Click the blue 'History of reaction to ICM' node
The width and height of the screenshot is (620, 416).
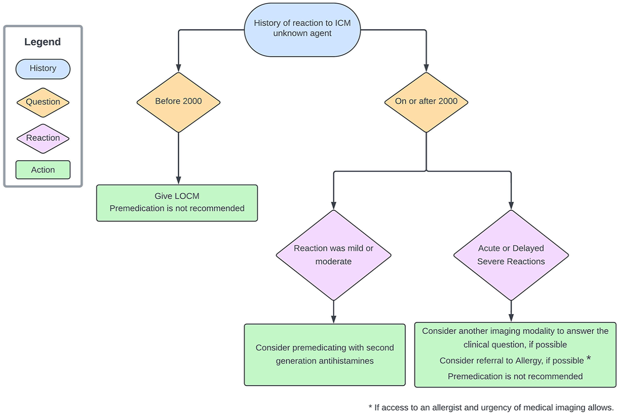(302, 30)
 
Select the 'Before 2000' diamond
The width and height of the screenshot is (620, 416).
(179, 102)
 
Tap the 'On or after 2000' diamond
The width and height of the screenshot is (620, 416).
(426, 102)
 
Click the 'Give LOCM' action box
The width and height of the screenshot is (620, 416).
(177, 203)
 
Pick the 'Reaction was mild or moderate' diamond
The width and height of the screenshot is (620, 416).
(333, 255)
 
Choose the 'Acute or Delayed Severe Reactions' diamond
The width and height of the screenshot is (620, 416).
(511, 255)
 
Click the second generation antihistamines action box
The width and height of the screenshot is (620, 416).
(325, 354)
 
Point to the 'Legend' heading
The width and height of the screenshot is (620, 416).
(43, 42)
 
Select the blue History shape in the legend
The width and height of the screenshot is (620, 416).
(43, 69)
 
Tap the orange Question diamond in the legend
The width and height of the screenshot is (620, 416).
(43, 102)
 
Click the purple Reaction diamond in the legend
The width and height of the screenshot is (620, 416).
(43, 138)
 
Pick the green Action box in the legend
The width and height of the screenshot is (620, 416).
(43, 170)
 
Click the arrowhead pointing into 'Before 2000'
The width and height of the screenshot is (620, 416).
(179, 68)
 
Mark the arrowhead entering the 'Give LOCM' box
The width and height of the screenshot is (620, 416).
(179, 180)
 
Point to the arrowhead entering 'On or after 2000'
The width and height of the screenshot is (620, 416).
(426, 68)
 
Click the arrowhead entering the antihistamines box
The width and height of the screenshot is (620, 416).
(333, 320)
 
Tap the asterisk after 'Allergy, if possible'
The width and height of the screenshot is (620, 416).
(589, 358)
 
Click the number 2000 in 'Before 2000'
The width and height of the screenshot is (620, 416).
(192, 101)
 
